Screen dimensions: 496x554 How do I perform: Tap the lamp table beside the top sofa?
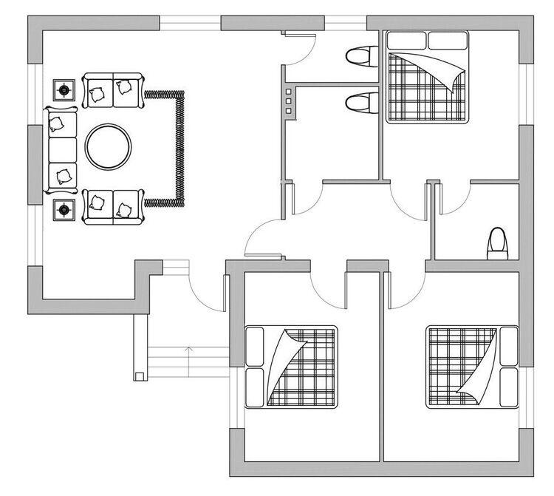pyautogui.click(x=64, y=90)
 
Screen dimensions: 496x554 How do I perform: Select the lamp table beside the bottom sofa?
pyautogui.click(x=64, y=211)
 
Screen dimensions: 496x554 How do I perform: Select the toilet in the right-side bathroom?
pyautogui.click(x=497, y=245)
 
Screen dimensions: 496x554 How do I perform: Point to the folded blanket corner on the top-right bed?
pyautogui.click(x=447, y=70)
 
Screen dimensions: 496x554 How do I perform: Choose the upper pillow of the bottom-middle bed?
pyautogui.click(x=253, y=344)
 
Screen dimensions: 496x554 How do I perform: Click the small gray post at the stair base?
pyautogui.click(x=138, y=376)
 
